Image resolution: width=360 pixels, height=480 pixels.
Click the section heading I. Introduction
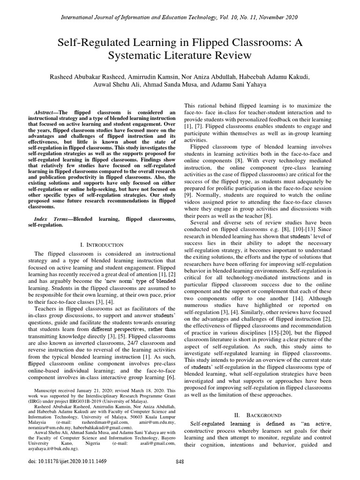(102, 245)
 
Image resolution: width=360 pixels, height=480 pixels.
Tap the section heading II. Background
(258, 415)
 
